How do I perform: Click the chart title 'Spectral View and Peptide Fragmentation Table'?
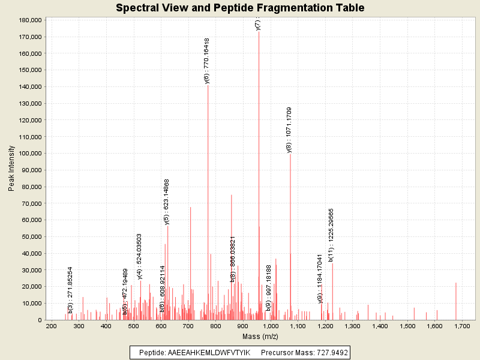point(240,8)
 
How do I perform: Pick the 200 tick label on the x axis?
point(52,326)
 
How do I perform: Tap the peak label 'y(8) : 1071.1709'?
point(289,130)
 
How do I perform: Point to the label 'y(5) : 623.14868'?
point(167,202)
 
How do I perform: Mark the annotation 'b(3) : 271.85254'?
point(70,290)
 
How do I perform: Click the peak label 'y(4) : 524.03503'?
point(139,256)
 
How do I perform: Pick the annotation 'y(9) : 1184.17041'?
point(320,278)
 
